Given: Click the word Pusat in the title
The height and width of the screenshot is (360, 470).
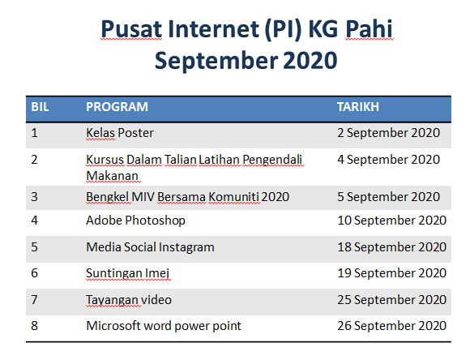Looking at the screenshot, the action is [131, 29].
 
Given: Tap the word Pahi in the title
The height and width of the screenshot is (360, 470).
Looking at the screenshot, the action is [369, 29].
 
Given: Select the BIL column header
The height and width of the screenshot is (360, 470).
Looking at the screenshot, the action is [40, 107].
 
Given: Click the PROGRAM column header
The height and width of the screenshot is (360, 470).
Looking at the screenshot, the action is [117, 107].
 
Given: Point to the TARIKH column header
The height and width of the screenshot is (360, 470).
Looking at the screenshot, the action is [358, 107].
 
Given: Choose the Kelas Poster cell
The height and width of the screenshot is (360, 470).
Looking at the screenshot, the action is [120, 133].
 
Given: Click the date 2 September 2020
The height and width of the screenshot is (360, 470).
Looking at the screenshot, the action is [388, 133].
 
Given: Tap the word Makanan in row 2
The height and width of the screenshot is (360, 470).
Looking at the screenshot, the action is [113, 176].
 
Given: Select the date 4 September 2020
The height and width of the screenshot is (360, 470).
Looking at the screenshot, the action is [388, 160].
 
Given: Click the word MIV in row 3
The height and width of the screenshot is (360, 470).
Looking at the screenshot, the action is [143, 197].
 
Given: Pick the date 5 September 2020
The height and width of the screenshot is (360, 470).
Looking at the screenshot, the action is [388, 197].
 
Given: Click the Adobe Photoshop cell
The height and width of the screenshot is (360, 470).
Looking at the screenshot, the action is [136, 221].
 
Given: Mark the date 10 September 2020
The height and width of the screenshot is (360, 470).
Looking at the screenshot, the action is [392, 221].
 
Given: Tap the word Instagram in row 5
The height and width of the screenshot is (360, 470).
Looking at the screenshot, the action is [186, 247].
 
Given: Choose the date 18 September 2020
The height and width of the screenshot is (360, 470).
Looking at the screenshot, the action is [392, 247].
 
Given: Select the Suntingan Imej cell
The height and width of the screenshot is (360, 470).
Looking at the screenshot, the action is [128, 273].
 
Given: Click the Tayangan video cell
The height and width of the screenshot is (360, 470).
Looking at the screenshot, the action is [129, 300].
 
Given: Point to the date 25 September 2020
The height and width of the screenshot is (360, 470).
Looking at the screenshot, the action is [392, 300].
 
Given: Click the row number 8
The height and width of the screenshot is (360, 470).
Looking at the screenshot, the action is [35, 326].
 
